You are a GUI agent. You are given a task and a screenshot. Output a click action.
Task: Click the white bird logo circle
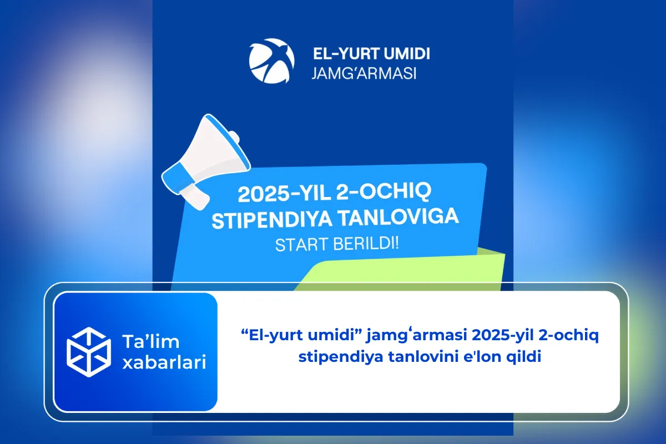coord(271,60)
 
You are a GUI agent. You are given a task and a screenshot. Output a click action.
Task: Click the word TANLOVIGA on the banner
coord(397,217)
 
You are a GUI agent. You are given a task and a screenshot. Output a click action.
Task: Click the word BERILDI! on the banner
coord(367,243)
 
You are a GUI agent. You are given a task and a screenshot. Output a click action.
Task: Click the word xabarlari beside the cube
coord(164,363)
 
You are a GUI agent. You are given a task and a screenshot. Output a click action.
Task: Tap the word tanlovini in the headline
coord(408,357)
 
